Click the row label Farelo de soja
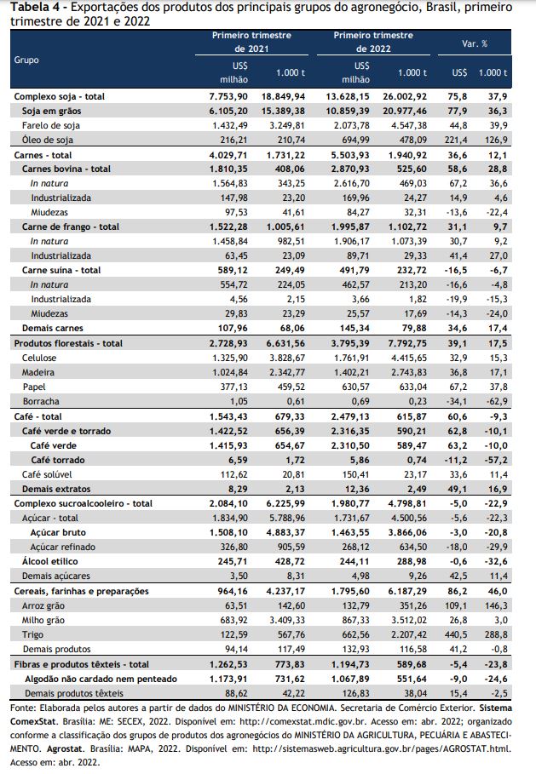pos(51,125)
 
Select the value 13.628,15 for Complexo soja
pos(348,96)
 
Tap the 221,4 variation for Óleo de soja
pos(456,140)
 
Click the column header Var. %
pos(475,43)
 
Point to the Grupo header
pos(26,60)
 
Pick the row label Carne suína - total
pos(61,270)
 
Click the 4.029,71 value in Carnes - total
pos(228,155)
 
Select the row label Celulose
pos(39,358)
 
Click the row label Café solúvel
pos(47,474)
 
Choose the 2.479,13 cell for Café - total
pos(350,416)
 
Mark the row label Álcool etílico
pos(50,561)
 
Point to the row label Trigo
pos(32,634)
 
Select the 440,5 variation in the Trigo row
pos(456,634)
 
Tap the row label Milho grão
pos(43,620)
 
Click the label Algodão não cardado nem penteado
pos(101,679)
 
